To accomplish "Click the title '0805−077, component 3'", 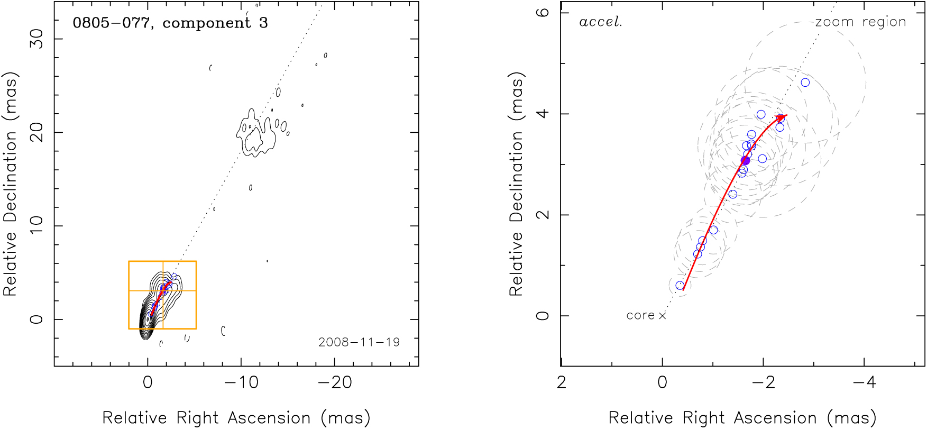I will pyautogui.click(x=170, y=23).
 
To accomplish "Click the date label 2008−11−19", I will pyautogui.click(x=359, y=342).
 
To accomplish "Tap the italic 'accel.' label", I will pyautogui.click(x=601, y=22).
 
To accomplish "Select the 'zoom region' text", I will pyautogui.click(x=860, y=22).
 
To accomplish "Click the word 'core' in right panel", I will pyautogui.click(x=640, y=316).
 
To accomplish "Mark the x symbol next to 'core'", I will pyautogui.click(x=662, y=316).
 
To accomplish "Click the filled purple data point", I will pyautogui.click(x=745, y=161).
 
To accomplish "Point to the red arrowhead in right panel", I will pyautogui.click(x=783, y=117).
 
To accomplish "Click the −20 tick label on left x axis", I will pyautogui.click(x=335, y=382).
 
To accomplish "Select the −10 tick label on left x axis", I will pyautogui.click(x=241, y=382).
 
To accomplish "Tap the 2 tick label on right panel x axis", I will pyautogui.click(x=562, y=382).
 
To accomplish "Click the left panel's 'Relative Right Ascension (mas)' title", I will pyautogui.click(x=236, y=418).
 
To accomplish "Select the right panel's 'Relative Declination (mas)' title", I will pyautogui.click(x=516, y=184).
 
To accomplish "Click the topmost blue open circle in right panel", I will pyautogui.click(x=805, y=83).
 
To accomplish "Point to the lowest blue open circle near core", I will pyautogui.click(x=680, y=286).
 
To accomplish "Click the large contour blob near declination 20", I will pyautogui.click(x=256, y=135).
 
